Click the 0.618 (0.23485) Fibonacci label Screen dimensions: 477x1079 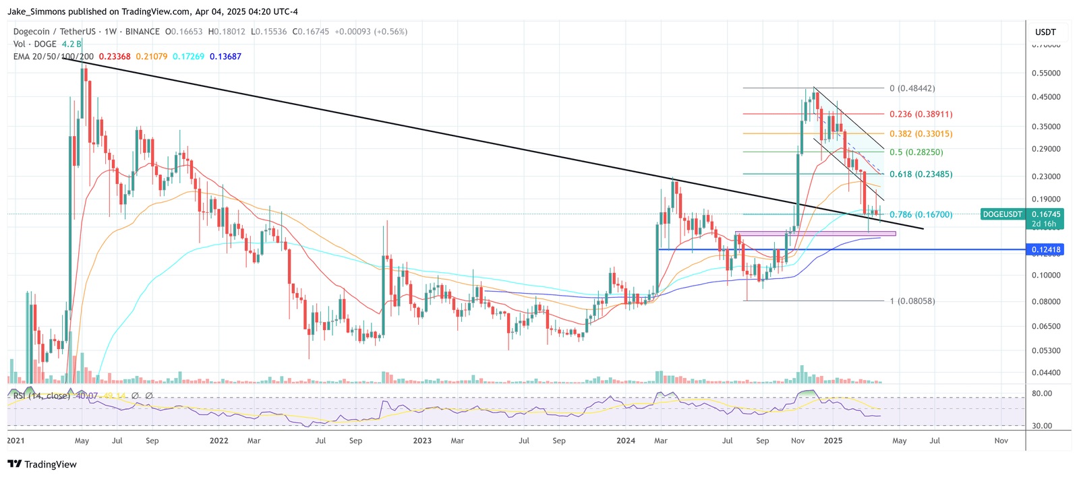point(921,174)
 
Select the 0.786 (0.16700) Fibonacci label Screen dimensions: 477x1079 point(921,215)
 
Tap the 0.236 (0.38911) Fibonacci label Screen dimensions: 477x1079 point(921,115)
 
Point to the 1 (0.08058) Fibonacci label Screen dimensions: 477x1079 point(912,301)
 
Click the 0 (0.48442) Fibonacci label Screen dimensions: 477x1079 point(912,88)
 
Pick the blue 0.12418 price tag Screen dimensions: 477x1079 point(1045,250)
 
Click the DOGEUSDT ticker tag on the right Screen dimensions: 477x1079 point(1002,214)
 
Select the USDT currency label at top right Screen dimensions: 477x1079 point(1045,32)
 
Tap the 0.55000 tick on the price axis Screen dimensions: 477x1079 point(1046,73)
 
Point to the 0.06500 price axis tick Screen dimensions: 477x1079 point(1046,326)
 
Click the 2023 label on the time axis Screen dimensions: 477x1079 point(422,441)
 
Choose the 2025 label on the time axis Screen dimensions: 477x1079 point(833,441)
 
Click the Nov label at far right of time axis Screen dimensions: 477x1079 point(1001,441)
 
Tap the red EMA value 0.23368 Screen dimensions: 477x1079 point(115,57)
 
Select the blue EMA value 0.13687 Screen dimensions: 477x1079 point(225,57)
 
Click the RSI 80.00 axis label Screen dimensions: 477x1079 point(1042,393)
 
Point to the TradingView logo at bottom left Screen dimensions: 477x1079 point(42,464)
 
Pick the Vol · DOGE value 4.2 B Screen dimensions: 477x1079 point(72,44)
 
